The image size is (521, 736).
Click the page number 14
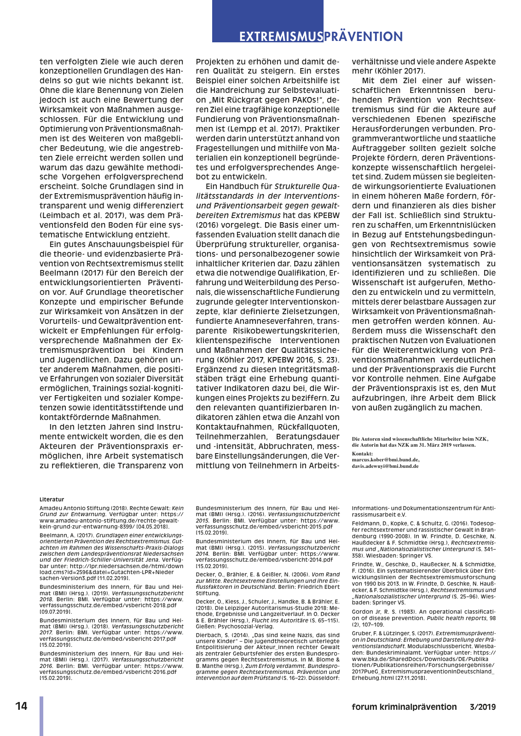(x=21, y=706)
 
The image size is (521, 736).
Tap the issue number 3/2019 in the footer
(x=482, y=707)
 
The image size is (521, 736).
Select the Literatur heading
(x=52, y=499)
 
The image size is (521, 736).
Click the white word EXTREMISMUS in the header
(x=281, y=37)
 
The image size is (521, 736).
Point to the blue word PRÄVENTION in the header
(x=363, y=37)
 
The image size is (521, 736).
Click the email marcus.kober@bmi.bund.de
(x=385, y=460)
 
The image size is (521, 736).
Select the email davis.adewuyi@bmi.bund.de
(x=385, y=466)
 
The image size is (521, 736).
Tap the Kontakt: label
(x=362, y=454)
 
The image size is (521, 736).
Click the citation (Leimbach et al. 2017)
(x=82, y=215)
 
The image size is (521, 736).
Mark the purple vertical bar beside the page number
(x=41, y=716)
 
